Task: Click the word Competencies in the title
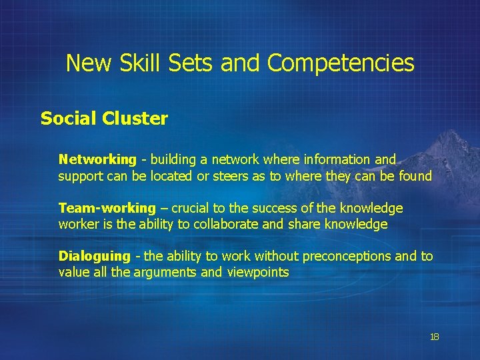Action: pos(341,64)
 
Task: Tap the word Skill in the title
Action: pos(141,64)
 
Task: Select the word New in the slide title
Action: pos(89,64)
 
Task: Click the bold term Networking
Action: pos(97,160)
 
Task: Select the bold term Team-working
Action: pos(107,209)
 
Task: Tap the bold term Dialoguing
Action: pos(95,257)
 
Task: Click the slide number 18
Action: pos(435,337)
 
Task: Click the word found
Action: pos(415,177)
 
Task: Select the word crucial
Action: pos(193,209)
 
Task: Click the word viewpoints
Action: pos(258,273)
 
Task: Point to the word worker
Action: pos(77,225)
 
